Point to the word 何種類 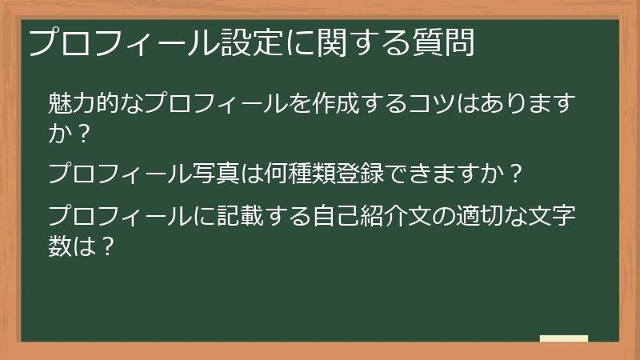coord(305,172)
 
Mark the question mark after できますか coord(516,172)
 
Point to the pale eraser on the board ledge coord(564,338)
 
